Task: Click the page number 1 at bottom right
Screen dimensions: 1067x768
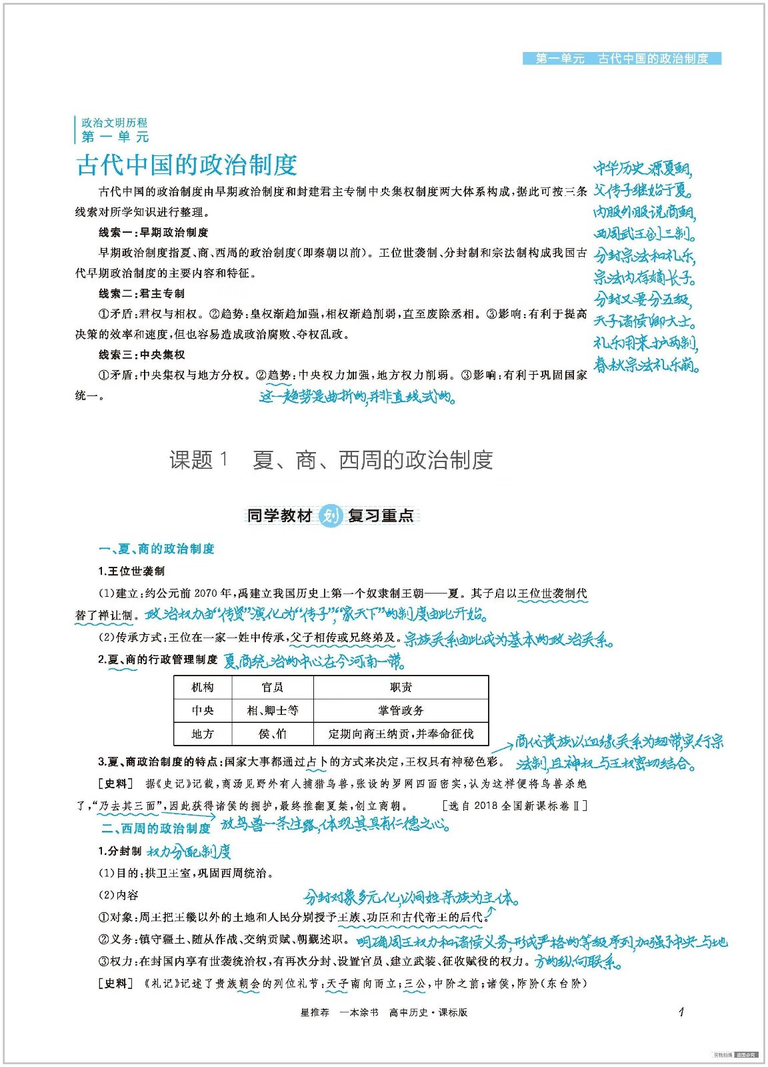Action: (x=681, y=1012)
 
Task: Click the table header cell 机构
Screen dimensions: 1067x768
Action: (x=203, y=688)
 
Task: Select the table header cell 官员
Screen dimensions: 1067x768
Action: (x=272, y=688)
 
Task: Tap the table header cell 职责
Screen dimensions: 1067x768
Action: (x=401, y=688)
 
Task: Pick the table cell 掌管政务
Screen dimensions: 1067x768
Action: (x=401, y=711)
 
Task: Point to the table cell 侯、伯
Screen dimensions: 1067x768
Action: (x=272, y=734)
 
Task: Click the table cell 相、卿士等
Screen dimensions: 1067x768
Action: (x=272, y=711)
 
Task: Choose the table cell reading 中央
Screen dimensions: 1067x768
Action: (x=203, y=711)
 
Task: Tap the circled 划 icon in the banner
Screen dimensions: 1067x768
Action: (x=330, y=515)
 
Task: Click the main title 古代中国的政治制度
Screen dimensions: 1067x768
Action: (x=187, y=165)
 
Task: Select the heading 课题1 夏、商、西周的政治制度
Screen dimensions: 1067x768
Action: (x=331, y=460)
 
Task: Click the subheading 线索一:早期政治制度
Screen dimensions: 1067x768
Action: (x=153, y=233)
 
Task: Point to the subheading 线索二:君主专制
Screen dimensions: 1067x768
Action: (x=141, y=294)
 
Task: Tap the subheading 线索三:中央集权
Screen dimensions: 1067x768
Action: (x=141, y=355)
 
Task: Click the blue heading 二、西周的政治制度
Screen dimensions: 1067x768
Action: (x=156, y=828)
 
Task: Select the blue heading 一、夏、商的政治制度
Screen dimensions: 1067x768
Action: (x=156, y=549)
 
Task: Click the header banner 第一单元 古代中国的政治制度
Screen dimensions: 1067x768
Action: (x=621, y=59)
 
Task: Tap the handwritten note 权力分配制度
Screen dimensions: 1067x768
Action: (x=189, y=852)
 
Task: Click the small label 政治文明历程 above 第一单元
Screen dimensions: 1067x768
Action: (x=114, y=123)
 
